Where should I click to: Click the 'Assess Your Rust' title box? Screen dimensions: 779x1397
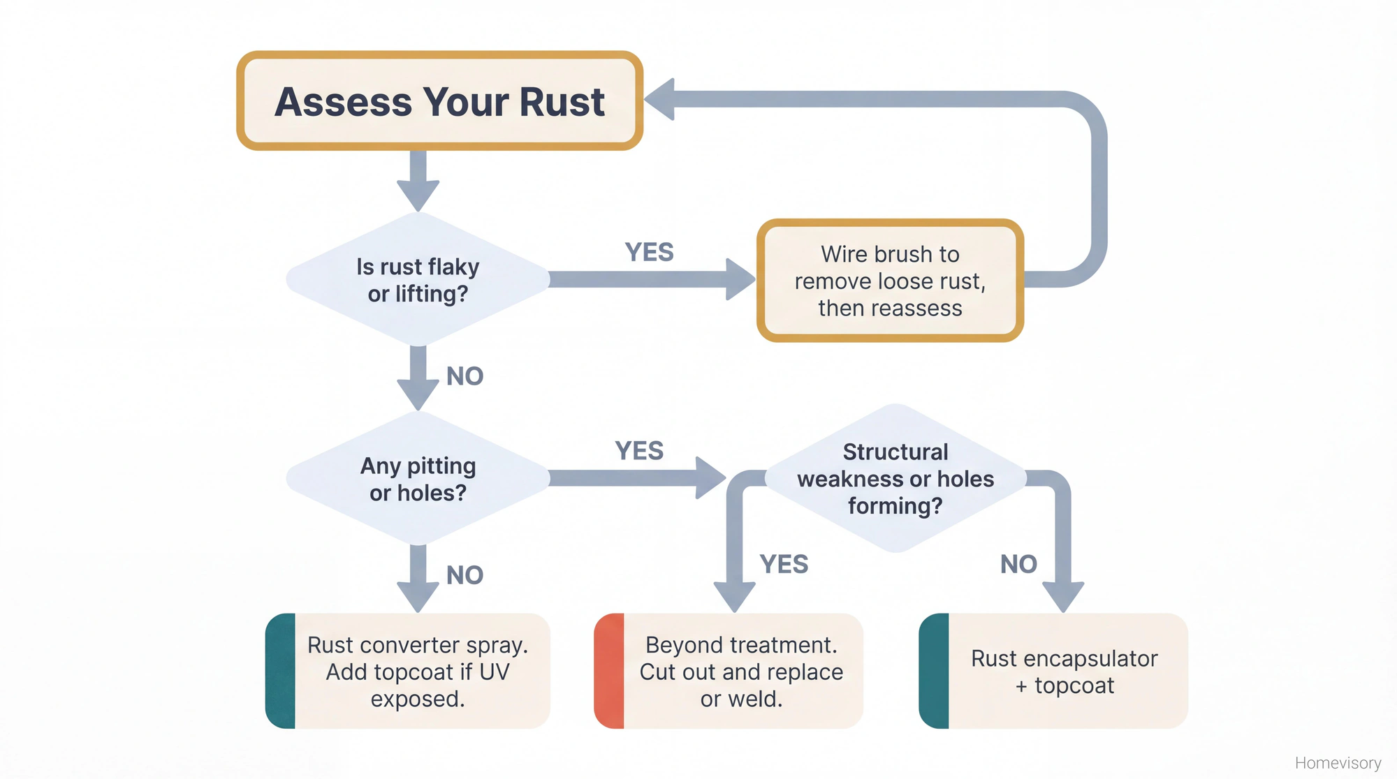point(439,101)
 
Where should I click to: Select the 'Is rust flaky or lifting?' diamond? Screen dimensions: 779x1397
point(418,279)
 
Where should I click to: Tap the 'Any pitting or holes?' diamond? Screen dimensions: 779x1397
point(418,479)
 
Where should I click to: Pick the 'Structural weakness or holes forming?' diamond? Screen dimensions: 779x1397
point(895,479)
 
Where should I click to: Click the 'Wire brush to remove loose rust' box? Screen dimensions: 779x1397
point(890,281)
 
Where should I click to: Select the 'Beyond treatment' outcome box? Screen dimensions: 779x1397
point(740,671)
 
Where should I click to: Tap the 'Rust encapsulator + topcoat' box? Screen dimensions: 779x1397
point(1064,671)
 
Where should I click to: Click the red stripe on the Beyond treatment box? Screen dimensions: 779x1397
point(608,671)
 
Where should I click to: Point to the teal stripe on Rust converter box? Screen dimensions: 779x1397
point(280,671)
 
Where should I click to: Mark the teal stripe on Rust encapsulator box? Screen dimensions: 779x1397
point(934,671)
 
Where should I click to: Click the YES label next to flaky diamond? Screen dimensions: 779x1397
point(649,252)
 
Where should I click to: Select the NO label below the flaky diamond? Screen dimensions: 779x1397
point(465,376)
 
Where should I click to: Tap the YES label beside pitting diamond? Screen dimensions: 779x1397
point(639,451)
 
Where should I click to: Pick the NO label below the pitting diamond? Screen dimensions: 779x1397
point(465,575)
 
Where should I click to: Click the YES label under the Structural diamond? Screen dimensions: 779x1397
point(784,564)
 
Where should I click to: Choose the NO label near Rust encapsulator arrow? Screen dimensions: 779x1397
point(1018,564)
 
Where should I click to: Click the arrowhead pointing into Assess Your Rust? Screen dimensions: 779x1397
point(659,99)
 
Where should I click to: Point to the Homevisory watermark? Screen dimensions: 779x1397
point(1338,763)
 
